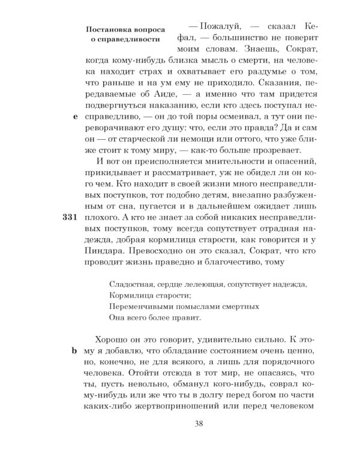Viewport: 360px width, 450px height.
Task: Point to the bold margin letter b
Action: pyautogui.click(x=75, y=352)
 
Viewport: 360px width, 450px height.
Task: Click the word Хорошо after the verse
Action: pyautogui.click(x=115, y=340)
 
